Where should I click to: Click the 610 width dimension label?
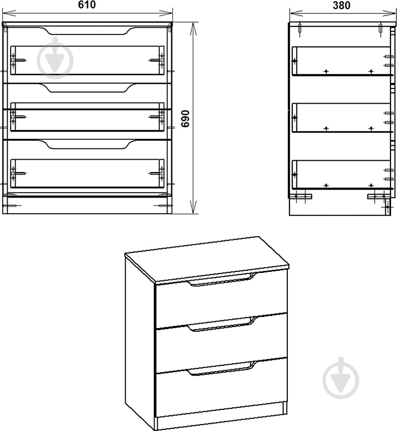click(x=87, y=5)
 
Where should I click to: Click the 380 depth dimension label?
click(x=341, y=5)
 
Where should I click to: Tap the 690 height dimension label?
click(x=186, y=119)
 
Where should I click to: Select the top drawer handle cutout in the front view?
click(x=88, y=31)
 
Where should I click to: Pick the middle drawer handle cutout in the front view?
click(x=88, y=88)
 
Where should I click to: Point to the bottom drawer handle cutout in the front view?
click(x=88, y=145)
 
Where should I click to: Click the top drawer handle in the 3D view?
click(x=221, y=281)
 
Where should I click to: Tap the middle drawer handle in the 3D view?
click(x=221, y=324)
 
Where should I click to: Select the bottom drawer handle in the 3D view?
click(x=221, y=368)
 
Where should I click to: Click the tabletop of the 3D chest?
click(x=206, y=258)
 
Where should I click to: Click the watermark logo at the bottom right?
click(x=341, y=378)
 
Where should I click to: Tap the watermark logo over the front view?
click(x=55, y=58)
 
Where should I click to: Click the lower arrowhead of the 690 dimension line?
click(x=193, y=207)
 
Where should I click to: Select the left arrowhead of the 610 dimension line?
click(x=9, y=12)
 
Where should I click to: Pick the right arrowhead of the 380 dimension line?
click(x=389, y=13)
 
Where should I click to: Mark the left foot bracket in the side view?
click(x=301, y=196)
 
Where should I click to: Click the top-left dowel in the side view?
click(x=300, y=29)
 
